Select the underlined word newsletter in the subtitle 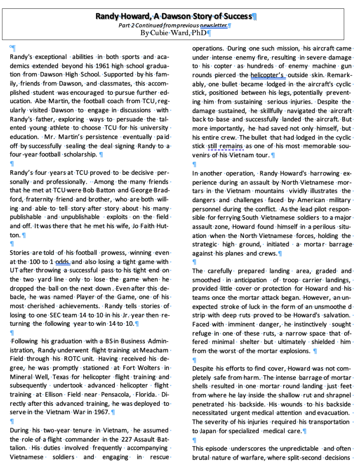214,25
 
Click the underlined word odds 62,262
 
